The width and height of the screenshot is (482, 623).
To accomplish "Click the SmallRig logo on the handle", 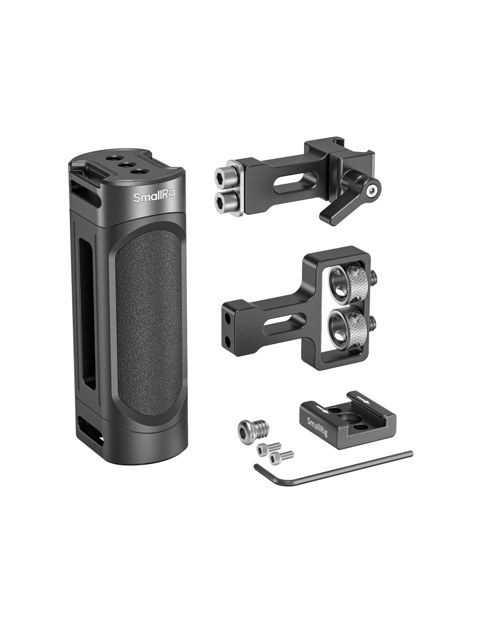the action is (x=154, y=198).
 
